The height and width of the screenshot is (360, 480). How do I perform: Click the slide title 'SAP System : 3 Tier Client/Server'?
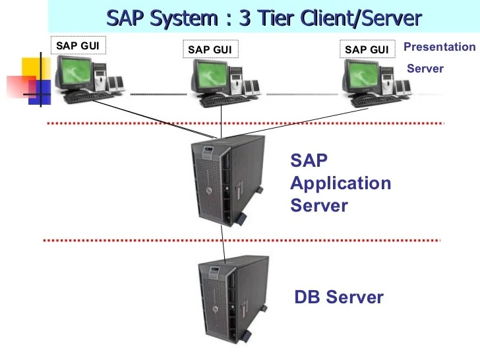(263, 17)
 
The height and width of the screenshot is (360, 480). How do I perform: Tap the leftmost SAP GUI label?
(77, 45)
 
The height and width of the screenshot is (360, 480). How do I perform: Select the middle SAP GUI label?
(209, 49)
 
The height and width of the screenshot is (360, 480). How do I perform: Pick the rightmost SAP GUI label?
(366, 49)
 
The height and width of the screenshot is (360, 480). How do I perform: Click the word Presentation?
(439, 47)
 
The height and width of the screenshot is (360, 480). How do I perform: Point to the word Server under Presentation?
(425, 69)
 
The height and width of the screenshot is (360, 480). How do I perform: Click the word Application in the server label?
(340, 183)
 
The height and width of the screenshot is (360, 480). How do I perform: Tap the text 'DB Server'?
(338, 297)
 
